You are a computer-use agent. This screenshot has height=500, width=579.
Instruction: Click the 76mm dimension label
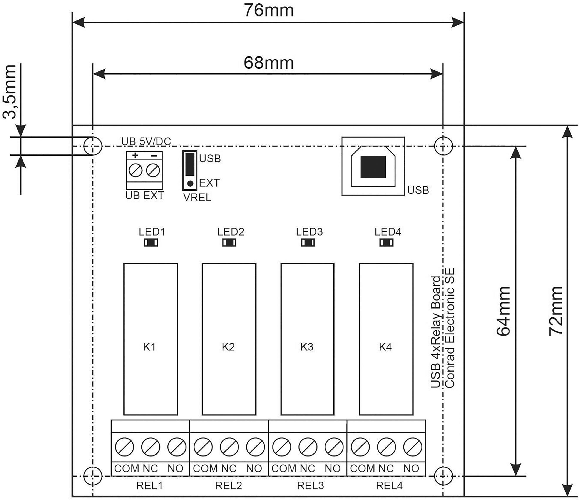click(269, 11)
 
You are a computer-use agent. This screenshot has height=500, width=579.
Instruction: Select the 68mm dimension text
click(269, 63)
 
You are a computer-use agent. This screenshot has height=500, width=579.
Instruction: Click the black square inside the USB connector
click(373, 167)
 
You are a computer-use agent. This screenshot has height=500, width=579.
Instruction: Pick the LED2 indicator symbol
click(229, 242)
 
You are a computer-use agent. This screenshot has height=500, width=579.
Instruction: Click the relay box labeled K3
click(307, 339)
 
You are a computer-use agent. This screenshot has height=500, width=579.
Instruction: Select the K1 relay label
click(149, 347)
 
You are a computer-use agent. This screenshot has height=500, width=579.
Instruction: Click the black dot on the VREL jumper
click(190, 183)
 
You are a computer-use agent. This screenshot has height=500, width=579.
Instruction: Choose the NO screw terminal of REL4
click(412, 447)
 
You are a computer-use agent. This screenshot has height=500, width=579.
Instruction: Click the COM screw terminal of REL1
click(124, 447)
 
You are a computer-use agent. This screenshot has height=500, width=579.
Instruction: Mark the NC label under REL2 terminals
click(229, 468)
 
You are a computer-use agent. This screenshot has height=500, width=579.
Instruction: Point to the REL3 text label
click(310, 485)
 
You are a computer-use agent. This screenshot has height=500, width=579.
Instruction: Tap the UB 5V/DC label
click(146, 141)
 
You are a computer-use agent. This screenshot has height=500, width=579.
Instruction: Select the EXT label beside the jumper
click(209, 183)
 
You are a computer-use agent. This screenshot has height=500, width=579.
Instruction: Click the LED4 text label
click(388, 232)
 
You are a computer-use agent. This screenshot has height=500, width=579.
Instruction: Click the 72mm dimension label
click(555, 311)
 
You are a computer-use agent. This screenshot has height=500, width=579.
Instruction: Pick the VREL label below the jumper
click(197, 198)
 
